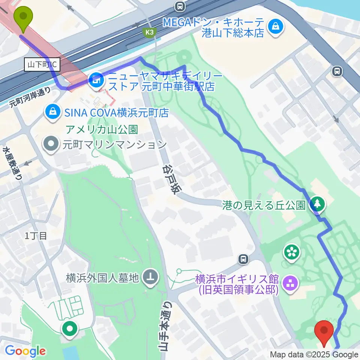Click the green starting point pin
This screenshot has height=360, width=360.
[23, 18]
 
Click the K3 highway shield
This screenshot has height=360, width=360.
[150, 33]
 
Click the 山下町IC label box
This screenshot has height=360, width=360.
[42, 64]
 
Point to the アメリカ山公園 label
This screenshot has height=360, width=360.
[102, 130]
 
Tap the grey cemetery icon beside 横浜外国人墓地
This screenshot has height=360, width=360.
[151, 277]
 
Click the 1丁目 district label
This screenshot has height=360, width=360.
[36, 235]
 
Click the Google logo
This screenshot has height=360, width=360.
[25, 351]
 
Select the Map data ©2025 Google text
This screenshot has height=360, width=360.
[314, 355]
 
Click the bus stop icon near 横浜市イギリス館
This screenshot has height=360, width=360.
[244, 259]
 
